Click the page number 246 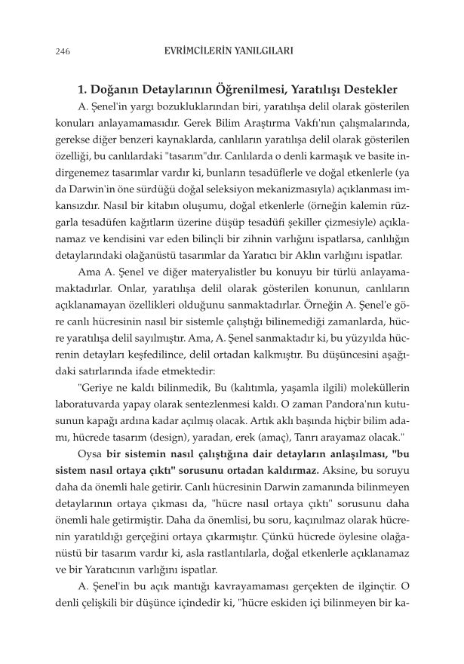click(63, 52)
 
